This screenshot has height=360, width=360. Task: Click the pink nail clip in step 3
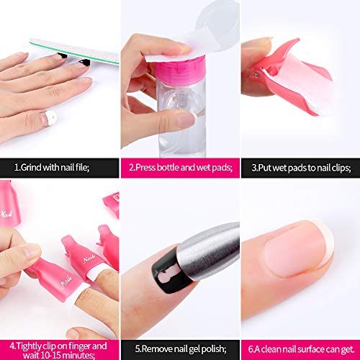pyautogui.click(x=288, y=79)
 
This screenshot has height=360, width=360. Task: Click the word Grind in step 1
pyautogui.click(x=32, y=167)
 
